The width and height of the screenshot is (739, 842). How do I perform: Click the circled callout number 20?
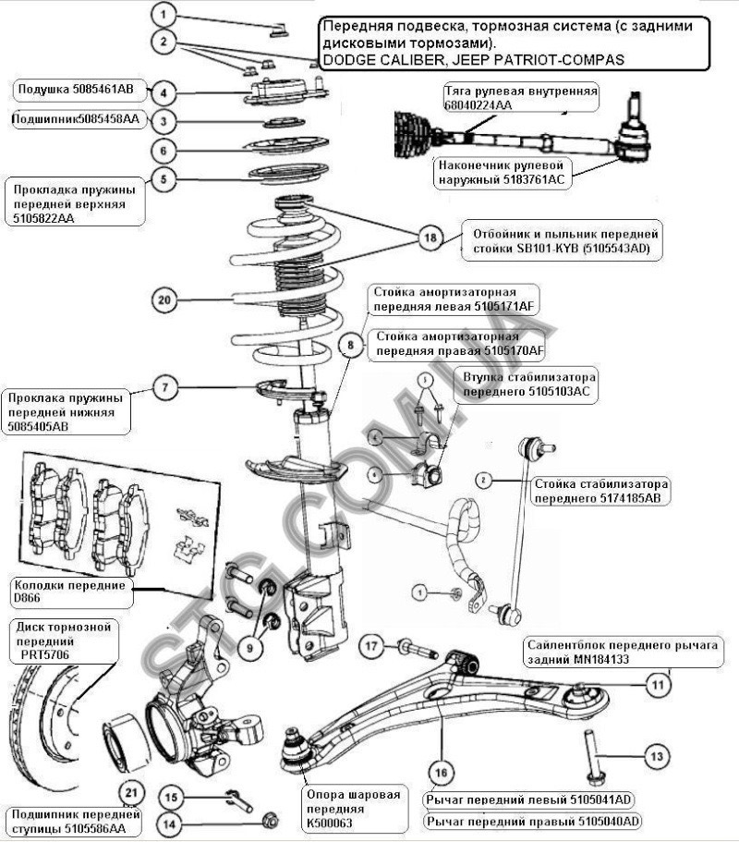coord(164,299)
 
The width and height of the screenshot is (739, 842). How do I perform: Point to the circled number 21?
coord(133,792)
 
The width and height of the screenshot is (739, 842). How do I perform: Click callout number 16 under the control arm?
coord(441,771)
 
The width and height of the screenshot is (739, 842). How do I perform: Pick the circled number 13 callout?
coord(654,756)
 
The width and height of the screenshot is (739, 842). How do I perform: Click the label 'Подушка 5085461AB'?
coord(76,91)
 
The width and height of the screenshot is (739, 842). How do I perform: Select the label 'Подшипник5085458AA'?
coord(76,119)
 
